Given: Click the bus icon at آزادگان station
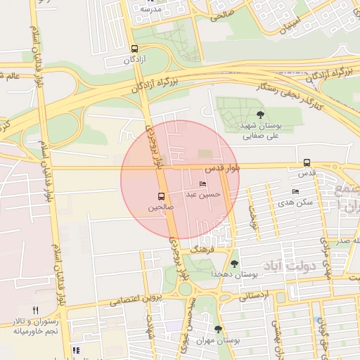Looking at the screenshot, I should coord(134,49).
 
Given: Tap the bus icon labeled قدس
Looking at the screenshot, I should coord(307,162).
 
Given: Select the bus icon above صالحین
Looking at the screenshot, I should coord(161,196).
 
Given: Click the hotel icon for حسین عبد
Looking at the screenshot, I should coord(203,184).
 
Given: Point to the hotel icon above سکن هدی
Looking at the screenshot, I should coord(295,191).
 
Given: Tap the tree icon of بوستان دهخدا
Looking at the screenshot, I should coord(233,264).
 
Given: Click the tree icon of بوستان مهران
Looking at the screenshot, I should coord(218,328).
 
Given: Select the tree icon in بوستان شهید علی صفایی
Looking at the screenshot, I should coord(261,114).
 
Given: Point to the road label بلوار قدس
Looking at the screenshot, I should coord(222,169).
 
